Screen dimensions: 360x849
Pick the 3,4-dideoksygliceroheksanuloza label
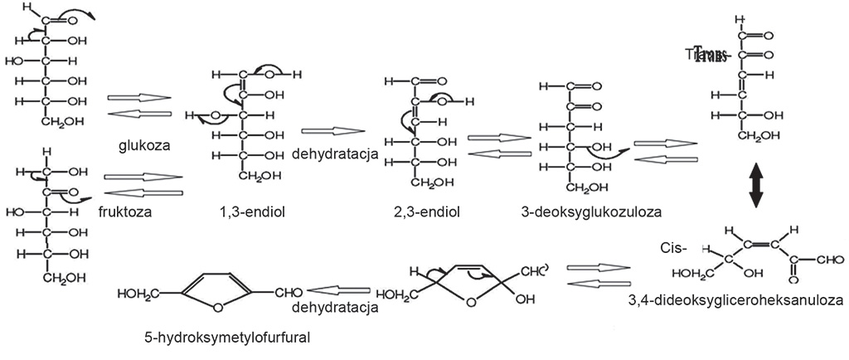[x=735, y=299]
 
